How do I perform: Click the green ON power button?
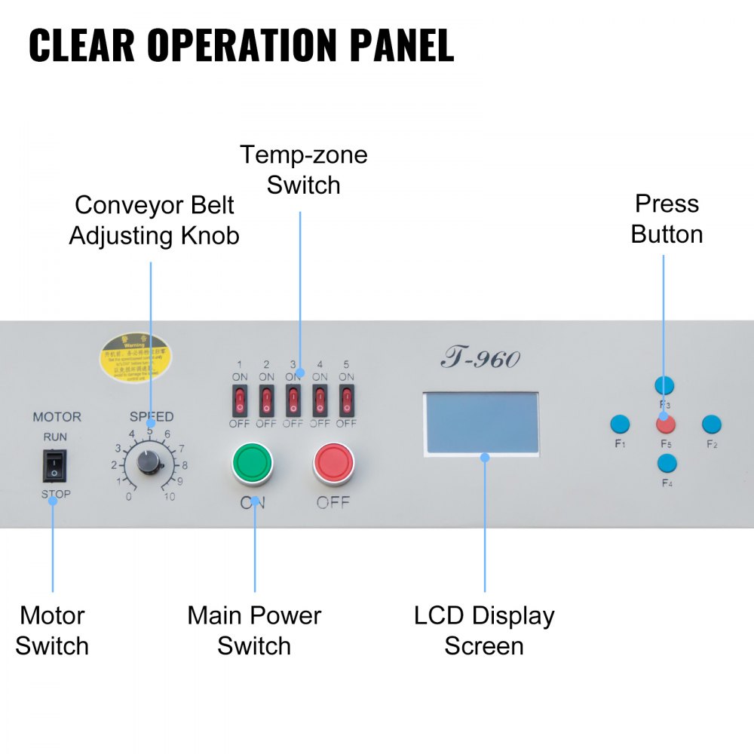point(251,464)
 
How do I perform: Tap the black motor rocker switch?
point(54,465)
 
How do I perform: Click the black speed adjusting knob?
point(150,459)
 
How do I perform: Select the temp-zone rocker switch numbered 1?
point(240,400)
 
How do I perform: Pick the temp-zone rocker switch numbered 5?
point(346,400)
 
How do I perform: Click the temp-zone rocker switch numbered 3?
point(293,400)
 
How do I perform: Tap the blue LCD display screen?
point(483,423)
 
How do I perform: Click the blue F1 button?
point(619,424)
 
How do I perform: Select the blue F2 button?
point(712,424)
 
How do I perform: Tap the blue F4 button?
point(666,462)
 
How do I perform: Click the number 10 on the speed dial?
point(170,497)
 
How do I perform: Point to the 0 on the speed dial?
point(129,497)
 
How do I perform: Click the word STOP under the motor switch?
point(55,494)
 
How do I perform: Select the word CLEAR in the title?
point(82,45)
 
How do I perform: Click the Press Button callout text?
point(667,219)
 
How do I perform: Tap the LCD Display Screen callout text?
point(484,630)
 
